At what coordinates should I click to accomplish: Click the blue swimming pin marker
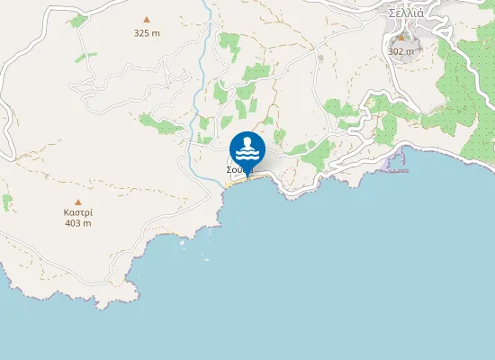click(x=247, y=149)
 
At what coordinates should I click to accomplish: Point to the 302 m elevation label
click(x=401, y=51)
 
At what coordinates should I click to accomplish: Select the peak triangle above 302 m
click(x=401, y=39)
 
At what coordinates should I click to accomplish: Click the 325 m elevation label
click(x=147, y=33)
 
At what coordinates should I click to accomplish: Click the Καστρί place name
click(x=78, y=212)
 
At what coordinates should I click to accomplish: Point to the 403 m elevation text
click(x=78, y=223)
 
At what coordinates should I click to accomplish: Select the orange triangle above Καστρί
click(x=78, y=202)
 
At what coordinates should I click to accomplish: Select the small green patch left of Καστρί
click(x=7, y=202)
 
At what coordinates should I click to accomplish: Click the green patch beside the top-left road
click(x=78, y=20)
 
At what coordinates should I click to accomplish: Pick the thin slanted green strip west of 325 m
click(x=86, y=57)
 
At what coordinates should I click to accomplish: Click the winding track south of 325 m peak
click(x=135, y=85)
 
